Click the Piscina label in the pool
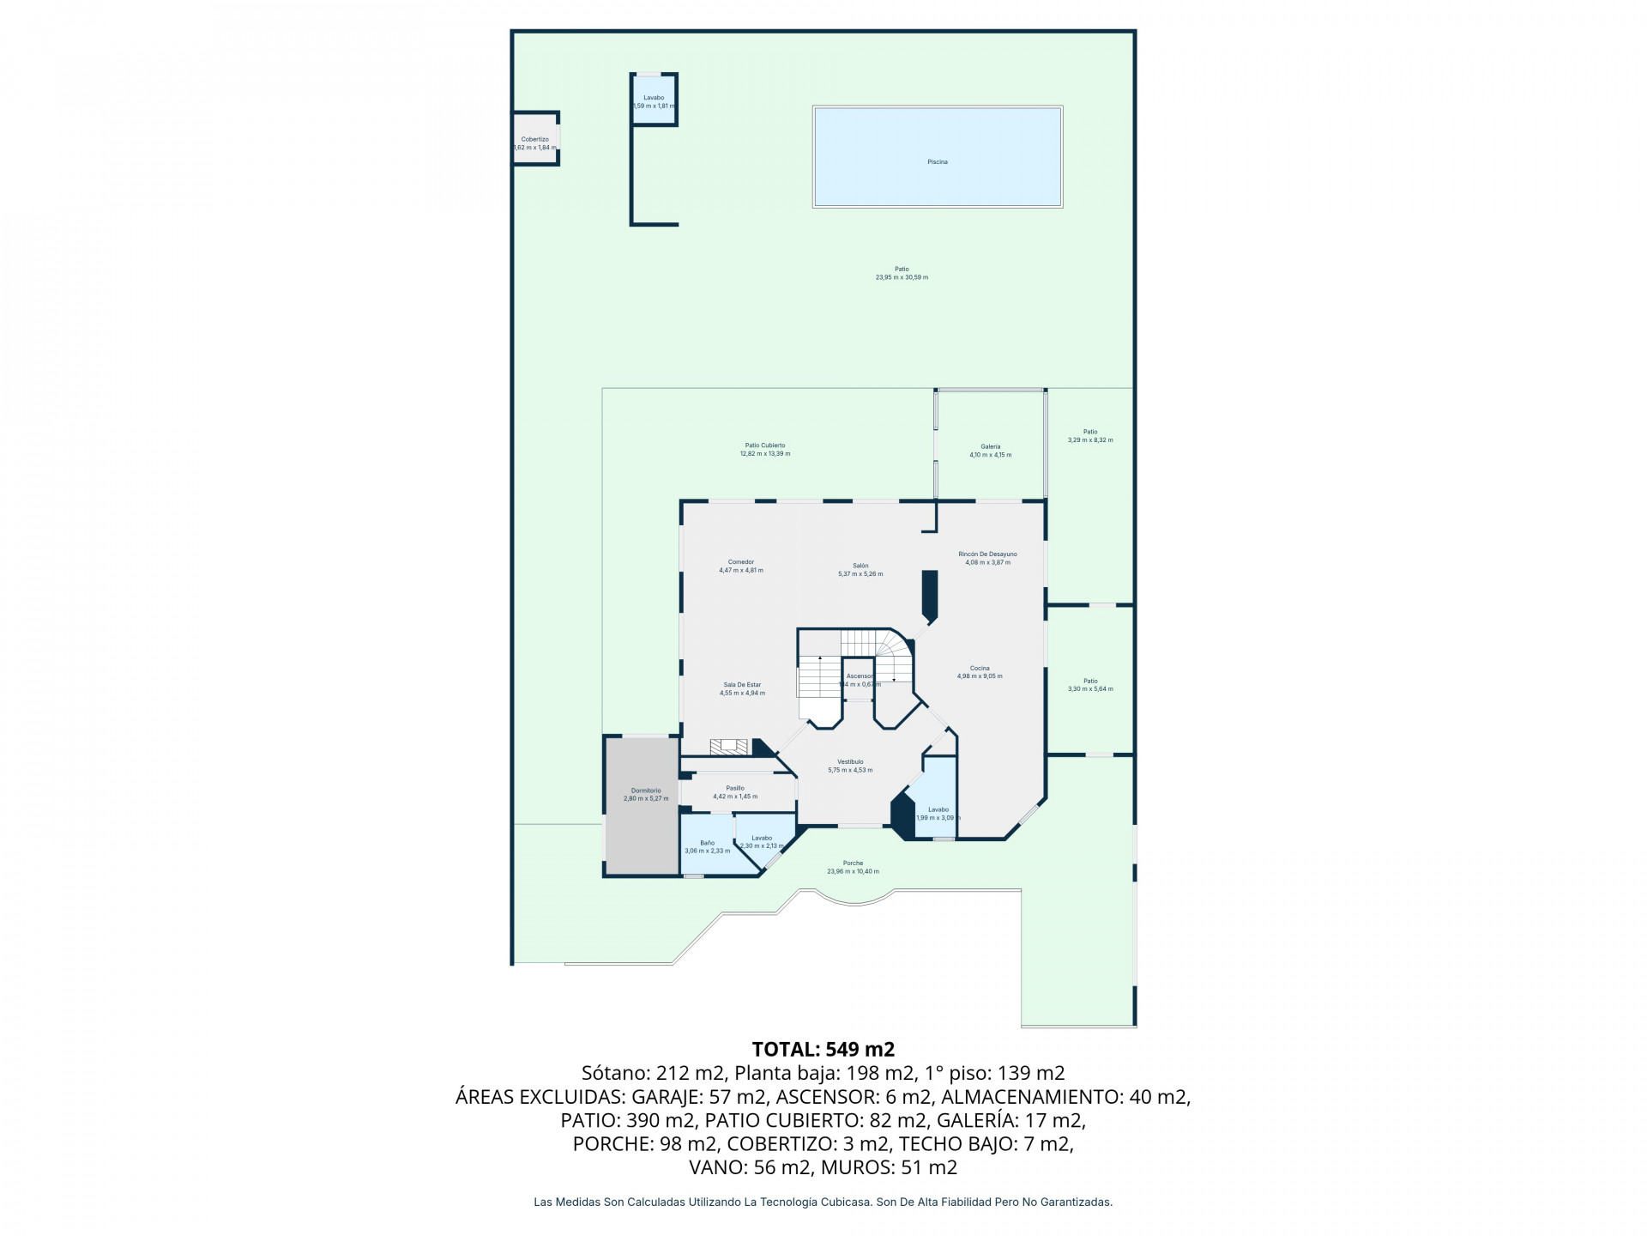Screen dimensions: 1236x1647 point(937,161)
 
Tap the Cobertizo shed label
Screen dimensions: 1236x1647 point(534,139)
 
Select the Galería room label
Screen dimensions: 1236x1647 point(990,446)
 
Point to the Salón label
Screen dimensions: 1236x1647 point(860,566)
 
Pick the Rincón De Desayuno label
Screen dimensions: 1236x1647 point(987,554)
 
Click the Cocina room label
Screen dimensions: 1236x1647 point(980,668)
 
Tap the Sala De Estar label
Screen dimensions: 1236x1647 point(742,685)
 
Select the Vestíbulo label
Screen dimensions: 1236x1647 point(850,761)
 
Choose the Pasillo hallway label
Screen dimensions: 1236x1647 point(734,788)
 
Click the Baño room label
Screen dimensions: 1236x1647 point(707,843)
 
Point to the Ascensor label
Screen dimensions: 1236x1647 point(859,676)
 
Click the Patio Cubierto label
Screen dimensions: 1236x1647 point(764,445)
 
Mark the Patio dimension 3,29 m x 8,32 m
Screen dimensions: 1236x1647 point(1090,440)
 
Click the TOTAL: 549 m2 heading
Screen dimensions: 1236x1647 point(823,1049)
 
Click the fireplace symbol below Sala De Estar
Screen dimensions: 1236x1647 point(729,747)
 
